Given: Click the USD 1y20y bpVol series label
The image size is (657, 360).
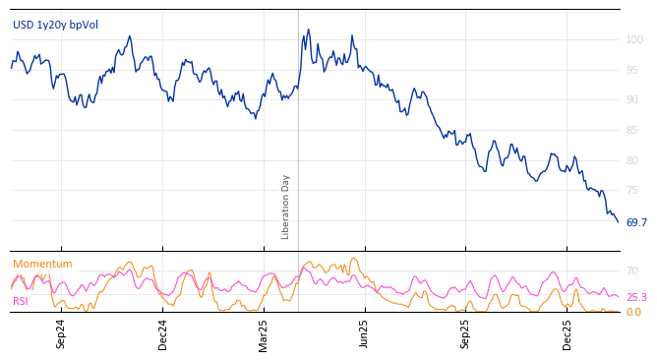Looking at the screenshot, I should [x=55, y=25].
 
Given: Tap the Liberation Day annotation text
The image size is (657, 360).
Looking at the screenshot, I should [x=286, y=207].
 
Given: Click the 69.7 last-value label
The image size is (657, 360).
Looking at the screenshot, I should [x=636, y=223].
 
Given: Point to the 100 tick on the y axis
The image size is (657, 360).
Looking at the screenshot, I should [x=634, y=40].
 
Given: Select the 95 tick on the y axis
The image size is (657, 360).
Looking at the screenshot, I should [x=631, y=71].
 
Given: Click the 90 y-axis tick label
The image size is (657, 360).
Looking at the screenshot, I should [x=631, y=100].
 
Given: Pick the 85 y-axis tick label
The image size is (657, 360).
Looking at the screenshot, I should [x=631, y=131].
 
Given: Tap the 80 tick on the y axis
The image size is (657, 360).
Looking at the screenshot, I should [x=631, y=160].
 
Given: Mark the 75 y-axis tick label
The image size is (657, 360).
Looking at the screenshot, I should [x=631, y=191].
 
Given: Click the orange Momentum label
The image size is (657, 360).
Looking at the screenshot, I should [x=42, y=265].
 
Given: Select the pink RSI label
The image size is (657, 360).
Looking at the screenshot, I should [x=21, y=301].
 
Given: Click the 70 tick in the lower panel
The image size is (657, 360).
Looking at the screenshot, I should [x=632, y=271].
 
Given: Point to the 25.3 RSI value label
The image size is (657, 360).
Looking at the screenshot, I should [x=636, y=297].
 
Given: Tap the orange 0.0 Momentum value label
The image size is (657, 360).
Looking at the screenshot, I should [x=633, y=313].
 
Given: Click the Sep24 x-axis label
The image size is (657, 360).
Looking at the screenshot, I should [x=61, y=333].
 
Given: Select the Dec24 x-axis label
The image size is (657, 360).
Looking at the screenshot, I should [x=163, y=333].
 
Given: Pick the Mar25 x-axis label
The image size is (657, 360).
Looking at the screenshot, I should [x=264, y=333].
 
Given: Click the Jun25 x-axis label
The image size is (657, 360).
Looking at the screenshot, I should [x=364, y=333].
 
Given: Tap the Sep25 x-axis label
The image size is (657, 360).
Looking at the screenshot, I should [x=465, y=333].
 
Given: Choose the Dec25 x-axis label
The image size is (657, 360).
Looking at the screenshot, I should [x=567, y=333].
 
